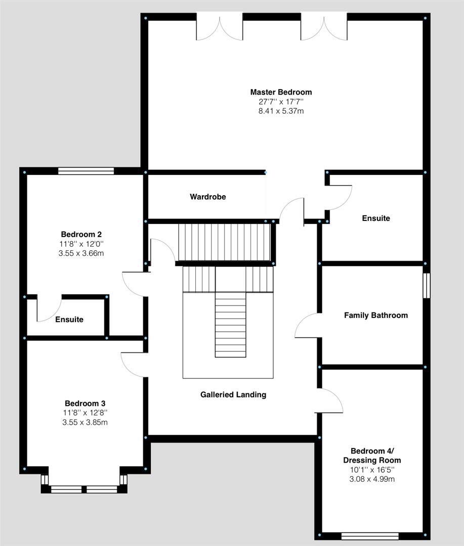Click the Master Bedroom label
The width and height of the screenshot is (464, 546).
(x=281, y=92)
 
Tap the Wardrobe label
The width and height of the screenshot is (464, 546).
(x=208, y=197)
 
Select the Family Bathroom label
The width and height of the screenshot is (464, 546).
(x=375, y=315)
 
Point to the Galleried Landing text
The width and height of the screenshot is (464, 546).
(x=233, y=394)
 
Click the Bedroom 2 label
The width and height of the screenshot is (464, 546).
(x=81, y=234)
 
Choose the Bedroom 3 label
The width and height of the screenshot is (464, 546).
(x=85, y=403)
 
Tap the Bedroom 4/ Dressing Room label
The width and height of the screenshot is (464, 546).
(x=372, y=456)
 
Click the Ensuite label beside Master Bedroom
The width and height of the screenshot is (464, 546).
(x=376, y=218)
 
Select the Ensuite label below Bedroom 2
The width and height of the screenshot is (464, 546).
(x=69, y=320)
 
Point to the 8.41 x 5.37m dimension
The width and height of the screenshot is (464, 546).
(x=281, y=111)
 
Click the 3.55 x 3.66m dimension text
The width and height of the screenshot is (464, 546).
(x=81, y=253)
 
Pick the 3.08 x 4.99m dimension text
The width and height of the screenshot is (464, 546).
(x=372, y=479)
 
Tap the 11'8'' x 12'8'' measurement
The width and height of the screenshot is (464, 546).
(x=85, y=413)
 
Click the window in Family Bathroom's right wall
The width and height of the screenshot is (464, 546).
(x=426, y=286)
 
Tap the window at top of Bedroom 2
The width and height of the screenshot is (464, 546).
(x=86, y=171)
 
